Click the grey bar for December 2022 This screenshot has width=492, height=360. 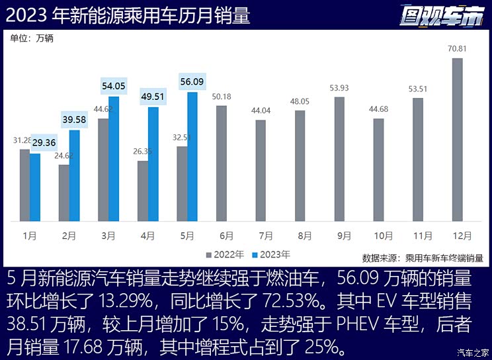pos(457,139)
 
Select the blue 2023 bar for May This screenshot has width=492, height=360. pos(192,156)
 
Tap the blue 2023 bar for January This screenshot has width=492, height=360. pos(34,187)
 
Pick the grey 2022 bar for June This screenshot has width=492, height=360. pos(222,163)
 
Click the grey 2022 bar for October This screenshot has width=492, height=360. pos(378,169)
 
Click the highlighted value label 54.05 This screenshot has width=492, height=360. pos(114,86)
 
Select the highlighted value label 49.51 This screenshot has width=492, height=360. pos(153,97)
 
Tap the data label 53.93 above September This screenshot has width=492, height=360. pos(339,87)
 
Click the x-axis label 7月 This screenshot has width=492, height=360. pos(266,235)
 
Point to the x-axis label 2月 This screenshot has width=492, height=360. pos(69,235)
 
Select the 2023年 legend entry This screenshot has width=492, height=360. pos(271,254)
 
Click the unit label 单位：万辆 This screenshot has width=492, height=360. pos(32,38)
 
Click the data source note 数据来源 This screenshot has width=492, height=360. pos(423,257)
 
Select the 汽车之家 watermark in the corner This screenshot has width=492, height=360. pos(473,352)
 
